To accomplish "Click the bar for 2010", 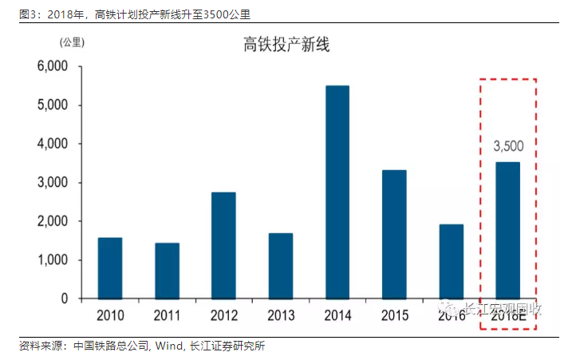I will [110, 268].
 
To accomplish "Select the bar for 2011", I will [167, 271].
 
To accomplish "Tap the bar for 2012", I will [223, 245].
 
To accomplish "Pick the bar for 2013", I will [280, 266].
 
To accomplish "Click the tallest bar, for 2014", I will [337, 192].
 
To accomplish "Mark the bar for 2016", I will [451, 261].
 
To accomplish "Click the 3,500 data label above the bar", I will [508, 146].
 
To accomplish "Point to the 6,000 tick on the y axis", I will [53, 67].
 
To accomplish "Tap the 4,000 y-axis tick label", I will [53, 144].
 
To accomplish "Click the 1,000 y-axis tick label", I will [53, 260].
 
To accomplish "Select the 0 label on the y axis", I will [64, 299].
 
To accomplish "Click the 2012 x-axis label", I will [223, 315].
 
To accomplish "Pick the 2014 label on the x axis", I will [337, 315].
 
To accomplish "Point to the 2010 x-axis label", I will [110, 315].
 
